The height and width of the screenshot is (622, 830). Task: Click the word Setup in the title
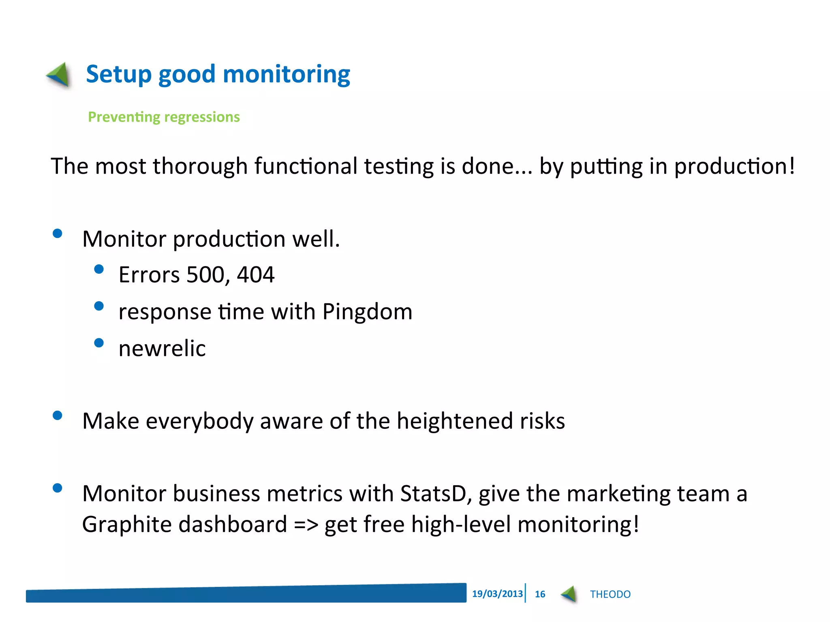[x=119, y=75]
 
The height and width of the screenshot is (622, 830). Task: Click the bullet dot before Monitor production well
[x=58, y=234]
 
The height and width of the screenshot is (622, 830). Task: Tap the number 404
[x=255, y=275]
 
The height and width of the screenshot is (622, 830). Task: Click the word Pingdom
[x=367, y=312]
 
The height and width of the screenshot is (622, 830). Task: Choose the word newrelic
[x=162, y=349]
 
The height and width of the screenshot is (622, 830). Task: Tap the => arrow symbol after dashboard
[x=306, y=525]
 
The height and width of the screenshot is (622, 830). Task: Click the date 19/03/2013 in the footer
[x=497, y=594]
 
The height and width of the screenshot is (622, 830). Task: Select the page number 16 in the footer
[x=540, y=594]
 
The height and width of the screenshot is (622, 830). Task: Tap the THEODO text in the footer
[x=610, y=594]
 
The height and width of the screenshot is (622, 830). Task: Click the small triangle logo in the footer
[x=569, y=594]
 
